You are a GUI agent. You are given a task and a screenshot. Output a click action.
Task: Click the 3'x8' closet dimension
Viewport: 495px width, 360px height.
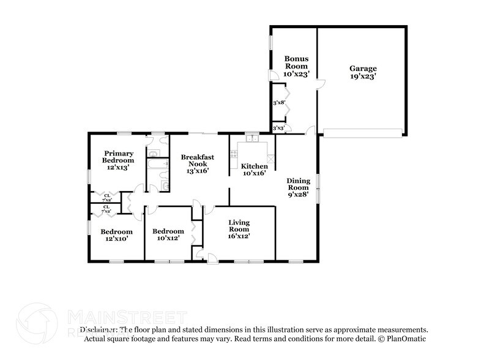coord(280,103)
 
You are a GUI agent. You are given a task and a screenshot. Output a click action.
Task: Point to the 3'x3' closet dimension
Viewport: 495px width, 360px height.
coord(279,127)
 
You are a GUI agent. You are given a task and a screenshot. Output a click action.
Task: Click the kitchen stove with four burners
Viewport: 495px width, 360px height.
coord(234,154)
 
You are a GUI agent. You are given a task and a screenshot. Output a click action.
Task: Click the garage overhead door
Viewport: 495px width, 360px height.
coord(362,132)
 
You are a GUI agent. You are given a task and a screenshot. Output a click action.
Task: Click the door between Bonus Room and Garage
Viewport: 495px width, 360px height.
coord(314,86)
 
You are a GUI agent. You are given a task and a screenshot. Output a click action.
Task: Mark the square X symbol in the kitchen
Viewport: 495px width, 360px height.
coord(270,159)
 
